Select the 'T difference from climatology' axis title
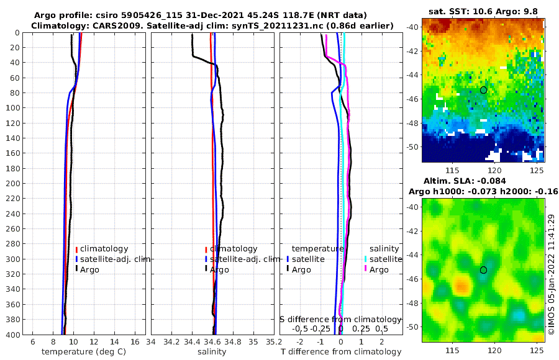point(341,352)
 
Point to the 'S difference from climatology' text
point(340,318)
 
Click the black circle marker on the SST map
point(483,90)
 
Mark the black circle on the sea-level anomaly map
point(483,270)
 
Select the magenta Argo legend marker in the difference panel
point(366,269)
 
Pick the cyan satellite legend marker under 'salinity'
point(366,259)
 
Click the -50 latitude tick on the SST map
point(412,147)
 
